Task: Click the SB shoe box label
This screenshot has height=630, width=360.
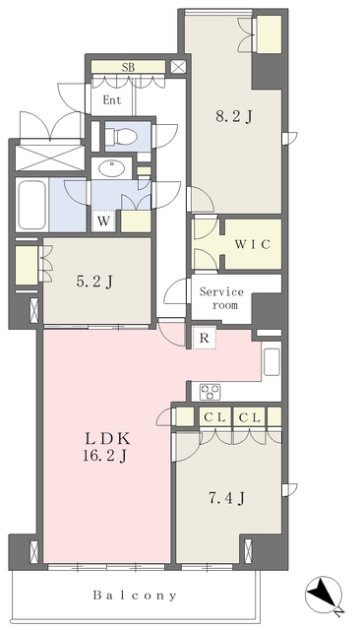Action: click(x=129, y=68)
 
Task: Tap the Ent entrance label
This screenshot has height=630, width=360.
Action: click(x=112, y=99)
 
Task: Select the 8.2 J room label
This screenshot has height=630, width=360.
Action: click(x=234, y=116)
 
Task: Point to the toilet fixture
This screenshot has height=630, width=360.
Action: click(x=122, y=136)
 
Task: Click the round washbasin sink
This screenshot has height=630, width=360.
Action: click(x=111, y=168)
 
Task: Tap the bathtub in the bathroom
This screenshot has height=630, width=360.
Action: click(x=31, y=205)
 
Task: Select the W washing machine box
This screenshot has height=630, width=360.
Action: click(x=103, y=220)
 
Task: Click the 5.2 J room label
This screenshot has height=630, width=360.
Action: click(x=94, y=283)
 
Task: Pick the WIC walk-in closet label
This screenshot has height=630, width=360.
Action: click(x=253, y=244)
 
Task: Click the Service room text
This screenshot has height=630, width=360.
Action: click(x=222, y=298)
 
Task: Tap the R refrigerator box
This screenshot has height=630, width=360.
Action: click(x=205, y=338)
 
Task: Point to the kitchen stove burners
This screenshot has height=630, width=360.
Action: click(x=210, y=392)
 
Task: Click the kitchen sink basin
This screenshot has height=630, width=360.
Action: click(x=271, y=361)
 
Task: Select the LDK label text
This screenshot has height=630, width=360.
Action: click(x=106, y=438)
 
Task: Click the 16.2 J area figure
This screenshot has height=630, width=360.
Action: click(x=105, y=456)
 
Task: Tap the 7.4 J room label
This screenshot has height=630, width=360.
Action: click(x=227, y=498)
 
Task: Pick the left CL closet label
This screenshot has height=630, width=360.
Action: click(x=214, y=417)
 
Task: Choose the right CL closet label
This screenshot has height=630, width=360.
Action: click(x=250, y=417)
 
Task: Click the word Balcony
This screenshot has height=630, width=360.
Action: click(x=135, y=596)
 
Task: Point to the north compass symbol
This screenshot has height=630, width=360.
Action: click(x=324, y=596)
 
